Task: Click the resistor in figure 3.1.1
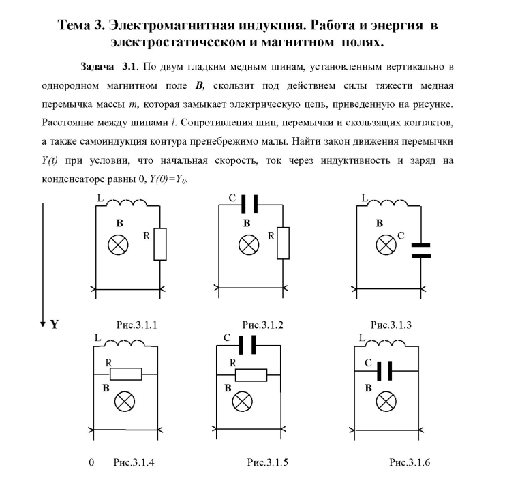159,244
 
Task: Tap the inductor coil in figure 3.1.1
127,203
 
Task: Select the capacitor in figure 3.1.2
249,204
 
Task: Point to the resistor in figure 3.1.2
283,243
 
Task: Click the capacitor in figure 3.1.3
421,251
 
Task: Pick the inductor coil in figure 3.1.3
388,203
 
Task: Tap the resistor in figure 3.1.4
125,374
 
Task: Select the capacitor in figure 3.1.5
247,345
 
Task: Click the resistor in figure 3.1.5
251,375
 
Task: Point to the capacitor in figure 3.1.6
384,371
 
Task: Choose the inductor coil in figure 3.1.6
385,343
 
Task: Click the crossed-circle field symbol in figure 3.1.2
249,245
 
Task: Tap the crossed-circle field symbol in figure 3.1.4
125,402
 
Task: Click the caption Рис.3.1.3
391,325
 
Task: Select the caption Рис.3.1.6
410,462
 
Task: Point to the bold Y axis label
55,324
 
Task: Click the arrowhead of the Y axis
42,324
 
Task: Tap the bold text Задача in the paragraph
97,66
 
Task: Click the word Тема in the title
74,25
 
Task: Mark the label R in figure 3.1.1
147,236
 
